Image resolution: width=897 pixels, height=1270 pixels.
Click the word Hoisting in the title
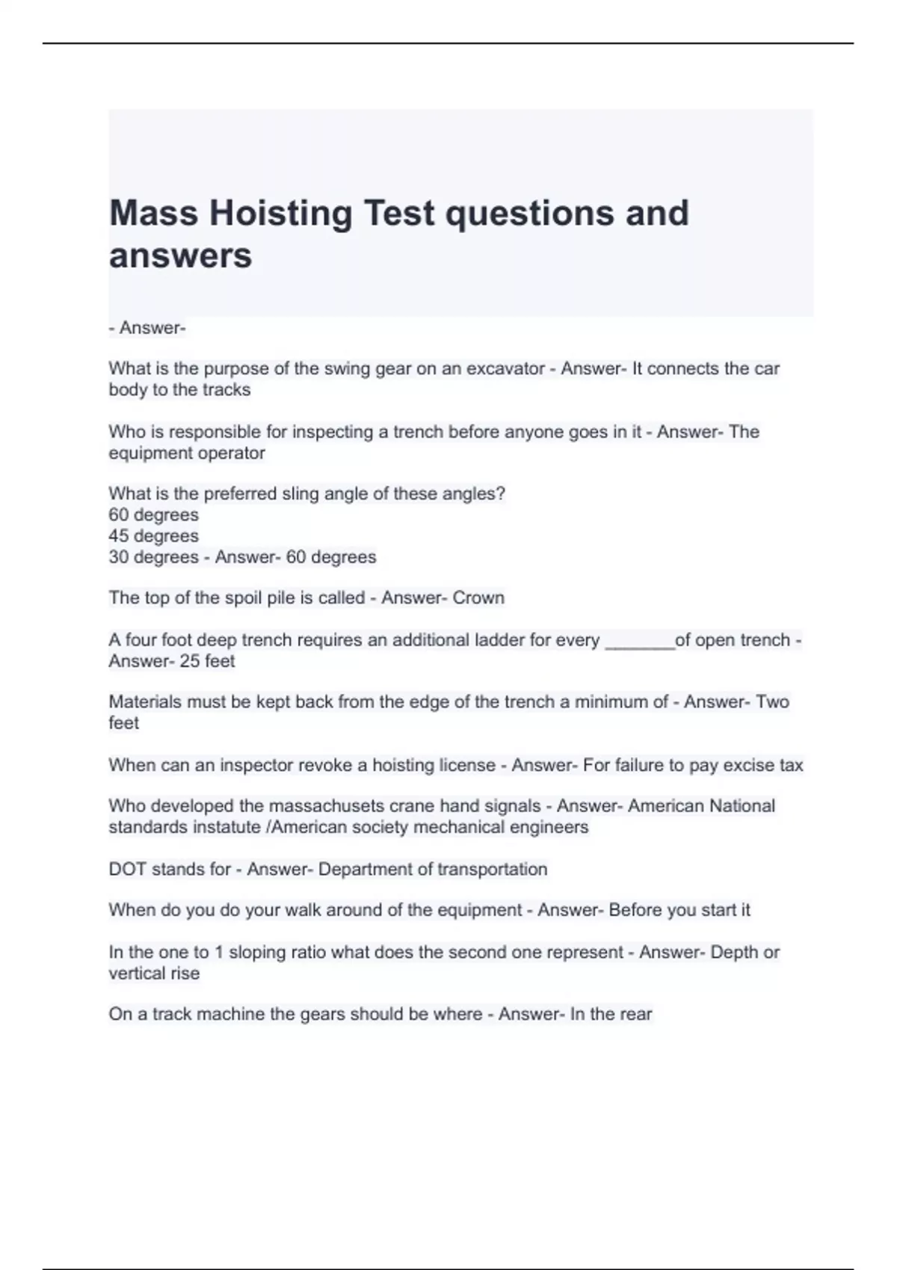point(280,214)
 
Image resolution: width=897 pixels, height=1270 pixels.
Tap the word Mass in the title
point(153,214)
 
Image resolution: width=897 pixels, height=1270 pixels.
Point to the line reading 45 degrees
point(153,536)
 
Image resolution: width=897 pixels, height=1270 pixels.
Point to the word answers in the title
point(181,256)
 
